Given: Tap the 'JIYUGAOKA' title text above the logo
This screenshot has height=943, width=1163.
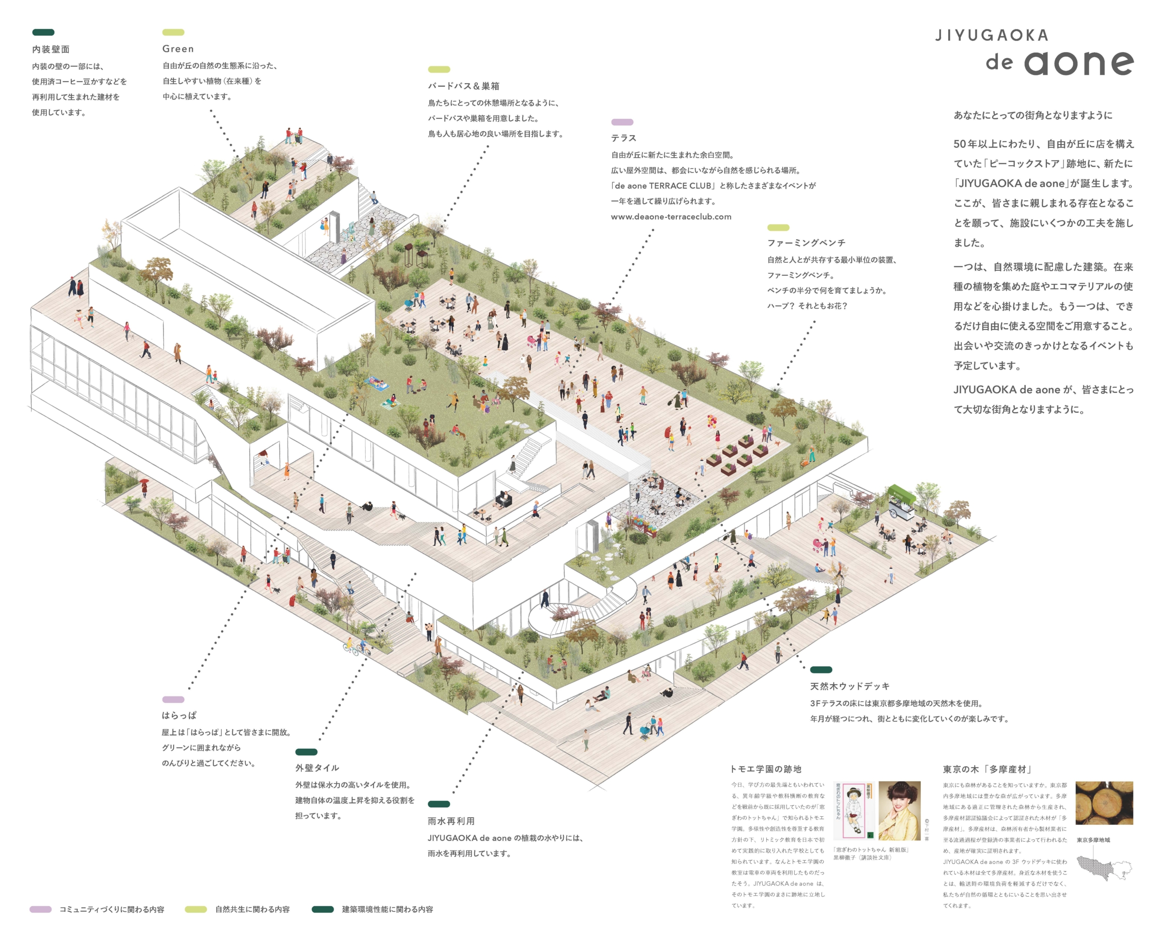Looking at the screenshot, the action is point(991,36).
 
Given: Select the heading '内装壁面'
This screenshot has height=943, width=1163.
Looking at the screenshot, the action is point(50,49).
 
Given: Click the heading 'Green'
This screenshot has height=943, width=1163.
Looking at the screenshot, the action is point(178,49).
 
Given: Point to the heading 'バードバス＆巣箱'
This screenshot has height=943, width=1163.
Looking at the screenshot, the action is point(463,86).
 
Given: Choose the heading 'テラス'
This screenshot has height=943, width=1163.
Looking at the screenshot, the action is point(623,138).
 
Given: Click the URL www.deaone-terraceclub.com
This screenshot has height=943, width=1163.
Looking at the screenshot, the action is point(671,217).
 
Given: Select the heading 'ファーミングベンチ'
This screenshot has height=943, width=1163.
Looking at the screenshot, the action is point(806,243).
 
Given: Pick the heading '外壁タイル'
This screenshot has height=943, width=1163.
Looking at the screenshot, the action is point(317,768).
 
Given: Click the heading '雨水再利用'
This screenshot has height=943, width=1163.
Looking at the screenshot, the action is point(451,821).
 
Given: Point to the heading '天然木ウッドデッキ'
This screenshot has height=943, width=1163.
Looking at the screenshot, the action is point(850,686).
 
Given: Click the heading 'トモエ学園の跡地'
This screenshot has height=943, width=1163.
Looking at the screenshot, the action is point(765,769).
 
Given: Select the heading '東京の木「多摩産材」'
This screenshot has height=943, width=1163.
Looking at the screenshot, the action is point(987,769).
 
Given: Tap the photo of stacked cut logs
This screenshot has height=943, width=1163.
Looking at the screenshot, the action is point(1104,802).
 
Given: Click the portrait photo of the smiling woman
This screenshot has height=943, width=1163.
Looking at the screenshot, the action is point(899,810).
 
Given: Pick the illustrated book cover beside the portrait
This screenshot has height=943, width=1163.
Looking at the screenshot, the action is point(853,810).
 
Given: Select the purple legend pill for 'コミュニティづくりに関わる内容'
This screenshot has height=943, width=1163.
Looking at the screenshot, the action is point(40,909).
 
